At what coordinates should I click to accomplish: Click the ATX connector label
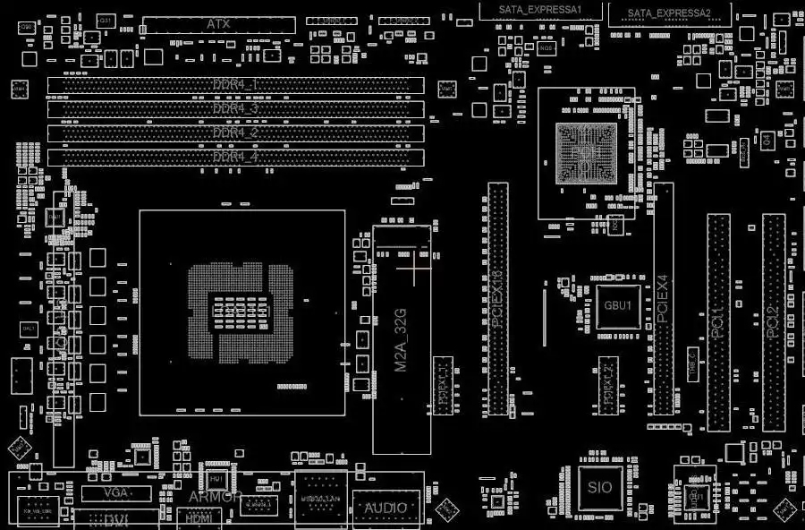pos(218,23)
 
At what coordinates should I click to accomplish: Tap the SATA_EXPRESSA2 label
pos(669,13)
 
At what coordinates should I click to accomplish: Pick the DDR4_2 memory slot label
pos(236,132)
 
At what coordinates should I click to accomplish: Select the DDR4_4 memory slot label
pos(236,157)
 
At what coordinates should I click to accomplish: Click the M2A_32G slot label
pos(402,340)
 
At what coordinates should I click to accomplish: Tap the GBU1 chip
pos(618,305)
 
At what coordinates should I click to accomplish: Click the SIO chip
pos(600,488)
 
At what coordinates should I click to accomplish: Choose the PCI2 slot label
pos(773,322)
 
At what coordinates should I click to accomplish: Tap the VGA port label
pos(115,493)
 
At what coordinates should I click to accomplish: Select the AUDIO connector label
pos(386,509)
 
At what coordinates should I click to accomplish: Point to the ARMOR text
pos(215,497)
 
